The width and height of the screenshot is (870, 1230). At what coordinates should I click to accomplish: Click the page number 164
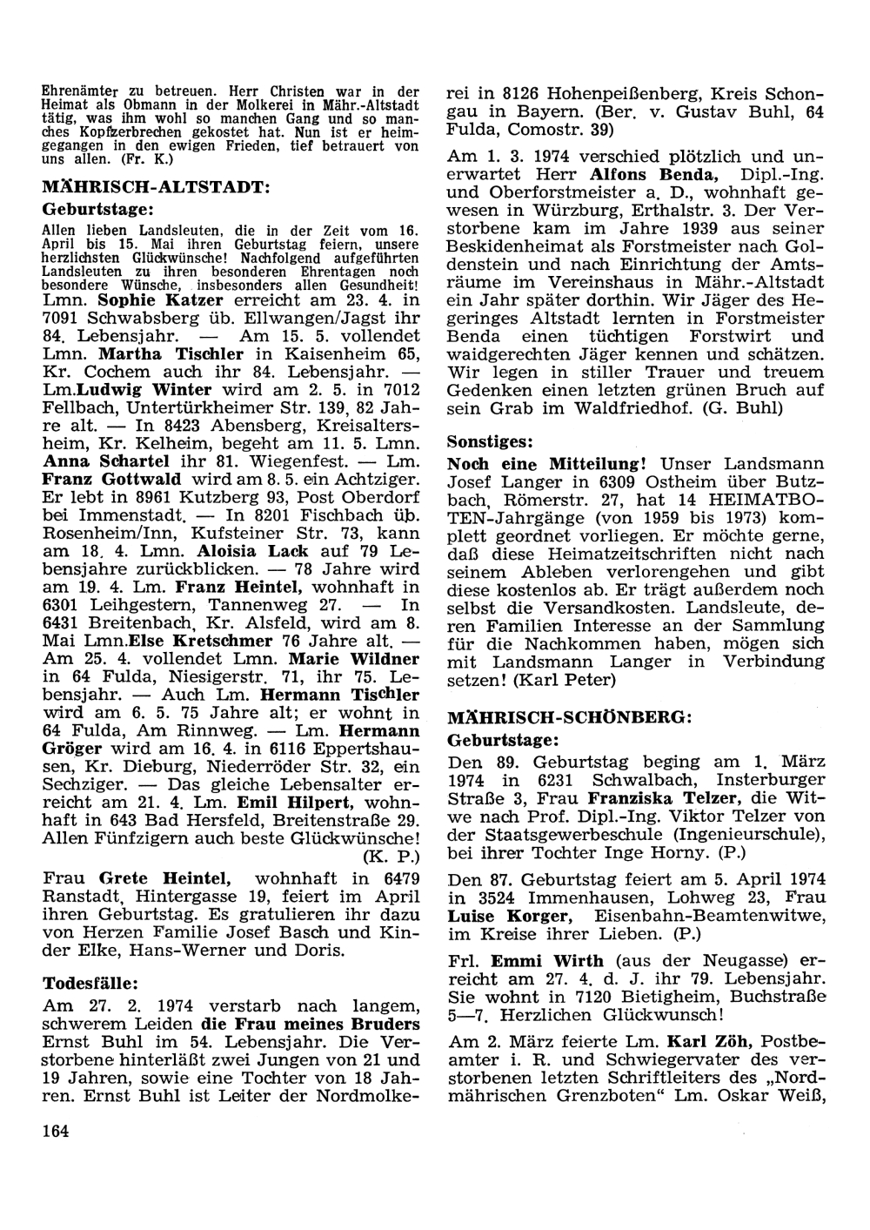click(x=55, y=1131)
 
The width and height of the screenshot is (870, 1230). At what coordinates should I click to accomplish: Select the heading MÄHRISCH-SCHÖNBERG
click(x=569, y=718)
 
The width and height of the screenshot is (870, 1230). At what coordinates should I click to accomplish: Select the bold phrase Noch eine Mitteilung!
click(x=546, y=464)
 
